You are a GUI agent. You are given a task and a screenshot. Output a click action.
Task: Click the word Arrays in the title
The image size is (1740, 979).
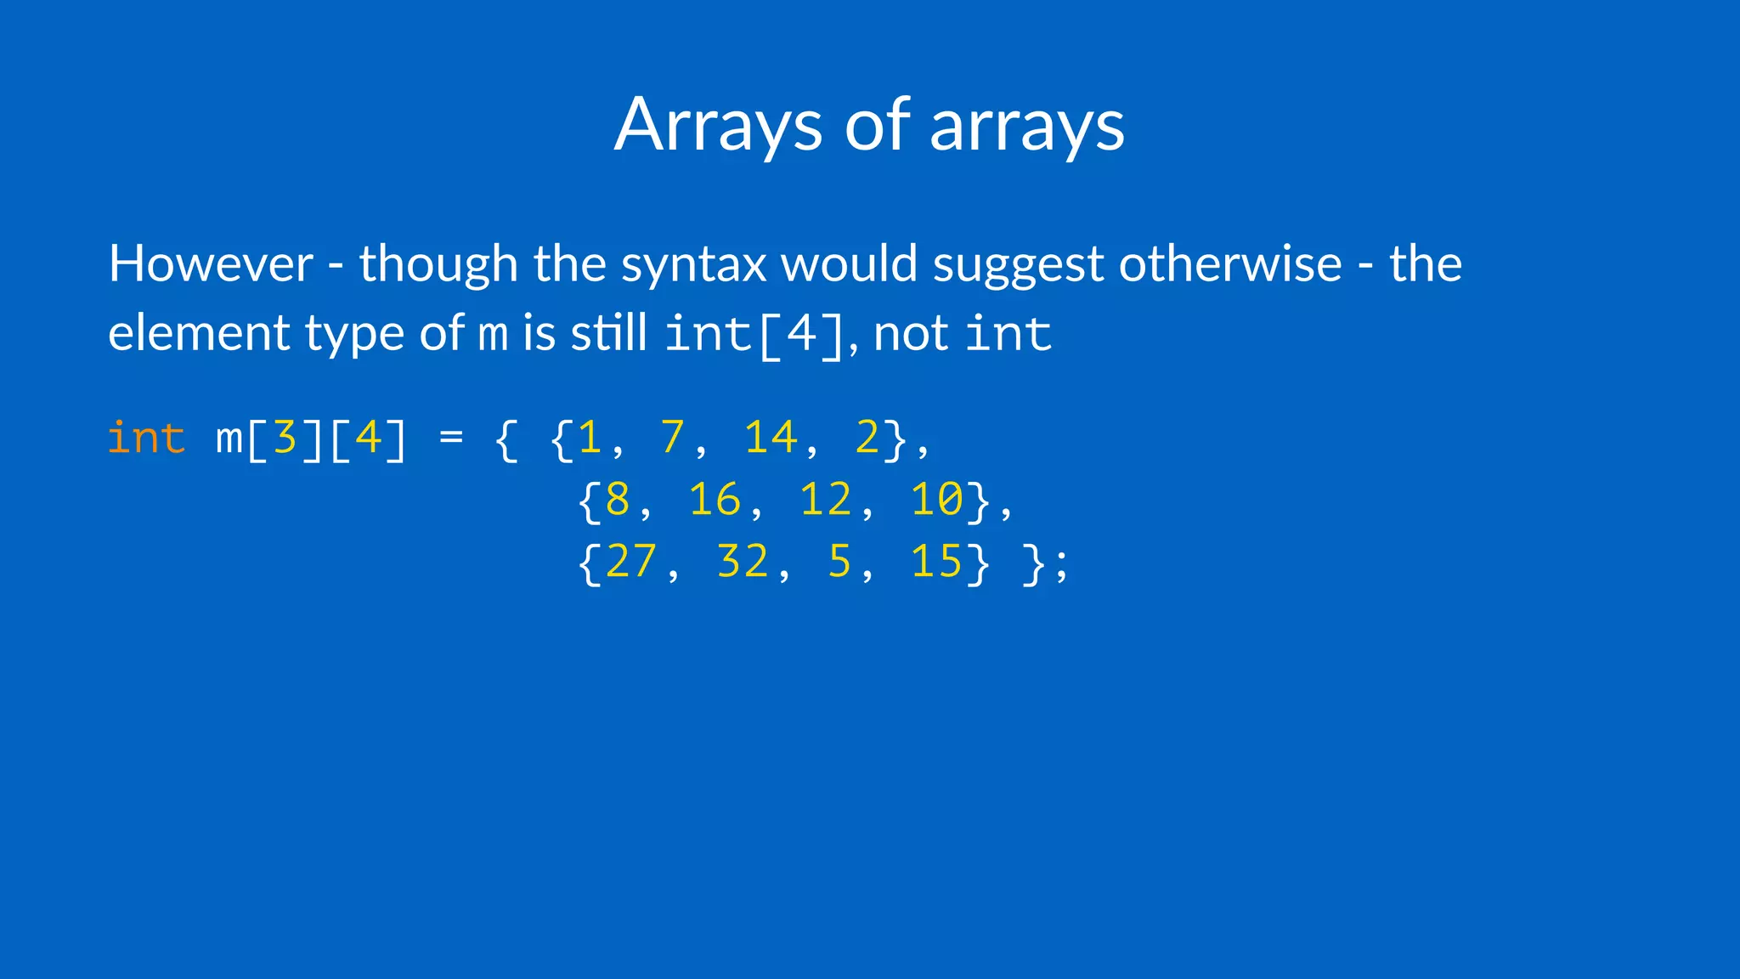point(718,126)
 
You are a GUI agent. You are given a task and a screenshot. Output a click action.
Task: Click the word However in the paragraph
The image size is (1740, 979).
point(211,263)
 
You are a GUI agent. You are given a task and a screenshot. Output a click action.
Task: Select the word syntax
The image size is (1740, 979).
point(693,265)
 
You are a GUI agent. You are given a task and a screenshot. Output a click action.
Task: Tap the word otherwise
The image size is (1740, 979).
point(1230,263)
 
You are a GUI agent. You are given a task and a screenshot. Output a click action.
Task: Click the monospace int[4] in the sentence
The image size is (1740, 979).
point(754,334)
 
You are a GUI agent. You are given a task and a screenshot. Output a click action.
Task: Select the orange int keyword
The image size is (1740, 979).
point(146,439)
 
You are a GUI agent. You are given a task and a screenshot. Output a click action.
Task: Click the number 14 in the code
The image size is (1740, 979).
point(770,439)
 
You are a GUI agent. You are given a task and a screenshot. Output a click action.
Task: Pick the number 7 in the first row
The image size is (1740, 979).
point(672,439)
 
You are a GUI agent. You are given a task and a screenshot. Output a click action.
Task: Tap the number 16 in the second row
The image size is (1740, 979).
point(715,500)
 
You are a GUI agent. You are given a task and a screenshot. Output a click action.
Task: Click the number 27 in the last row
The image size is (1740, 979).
point(631,562)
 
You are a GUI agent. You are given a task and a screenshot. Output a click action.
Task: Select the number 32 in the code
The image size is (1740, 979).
point(743,562)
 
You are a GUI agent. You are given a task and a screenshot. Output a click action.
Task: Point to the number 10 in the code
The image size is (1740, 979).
point(937,500)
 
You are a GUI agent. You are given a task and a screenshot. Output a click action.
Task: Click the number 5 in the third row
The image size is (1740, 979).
point(839,562)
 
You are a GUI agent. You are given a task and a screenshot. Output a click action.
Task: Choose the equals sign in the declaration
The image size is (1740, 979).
point(451,439)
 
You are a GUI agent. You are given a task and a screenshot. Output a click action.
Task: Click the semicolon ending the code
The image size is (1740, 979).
point(1060,565)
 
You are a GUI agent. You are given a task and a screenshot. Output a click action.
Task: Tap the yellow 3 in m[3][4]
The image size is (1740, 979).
point(285,439)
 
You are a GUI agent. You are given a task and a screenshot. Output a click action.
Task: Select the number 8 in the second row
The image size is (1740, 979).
point(618,500)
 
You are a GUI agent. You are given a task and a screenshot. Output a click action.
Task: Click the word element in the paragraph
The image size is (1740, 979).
point(199,333)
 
